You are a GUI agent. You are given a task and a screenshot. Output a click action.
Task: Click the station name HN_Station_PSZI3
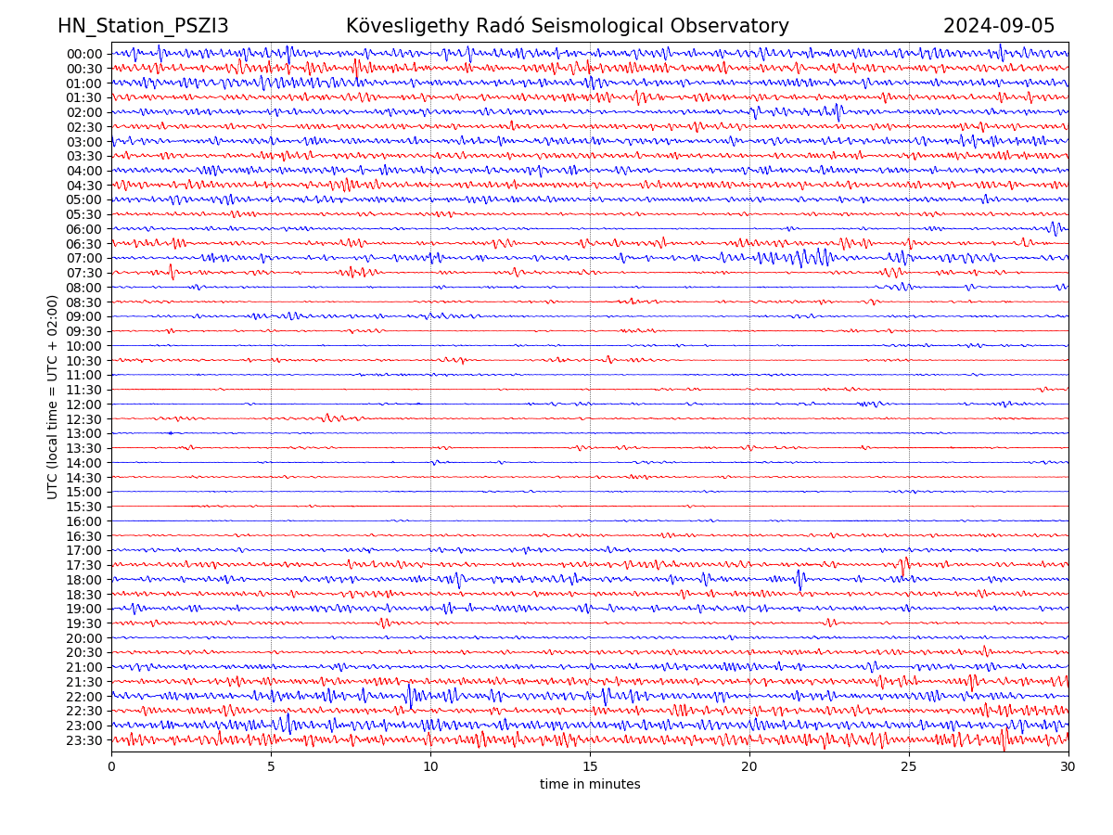[x=143, y=26]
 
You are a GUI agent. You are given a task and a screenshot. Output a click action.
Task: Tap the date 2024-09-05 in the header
[x=999, y=26]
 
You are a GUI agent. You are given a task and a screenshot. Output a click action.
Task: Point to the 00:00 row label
[x=84, y=54]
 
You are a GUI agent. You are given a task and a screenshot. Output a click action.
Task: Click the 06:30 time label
[x=84, y=244]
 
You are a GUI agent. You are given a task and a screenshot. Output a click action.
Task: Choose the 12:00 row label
[x=84, y=405]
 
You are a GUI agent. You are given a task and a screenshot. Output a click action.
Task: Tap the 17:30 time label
[x=84, y=565]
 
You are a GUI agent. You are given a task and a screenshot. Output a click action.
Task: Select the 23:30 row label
[x=84, y=740]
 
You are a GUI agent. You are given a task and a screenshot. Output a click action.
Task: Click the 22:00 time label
[x=84, y=697]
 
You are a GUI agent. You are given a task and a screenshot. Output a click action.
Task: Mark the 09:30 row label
[x=84, y=331]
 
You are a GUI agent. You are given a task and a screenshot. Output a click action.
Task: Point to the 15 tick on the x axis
[x=590, y=767]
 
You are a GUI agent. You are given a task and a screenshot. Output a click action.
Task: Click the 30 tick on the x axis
[x=1068, y=767]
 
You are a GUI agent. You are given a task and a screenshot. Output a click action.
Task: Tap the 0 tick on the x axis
[x=111, y=767]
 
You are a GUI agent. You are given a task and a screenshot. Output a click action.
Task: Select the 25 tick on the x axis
[x=909, y=767]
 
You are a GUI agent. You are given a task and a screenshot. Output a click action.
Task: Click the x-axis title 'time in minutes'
[x=590, y=785]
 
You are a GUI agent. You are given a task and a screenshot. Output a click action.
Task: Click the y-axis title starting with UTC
[x=53, y=397]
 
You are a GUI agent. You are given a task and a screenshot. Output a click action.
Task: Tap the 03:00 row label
[x=84, y=142]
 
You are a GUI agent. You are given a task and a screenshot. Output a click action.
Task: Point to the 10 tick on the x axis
[x=430, y=767]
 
